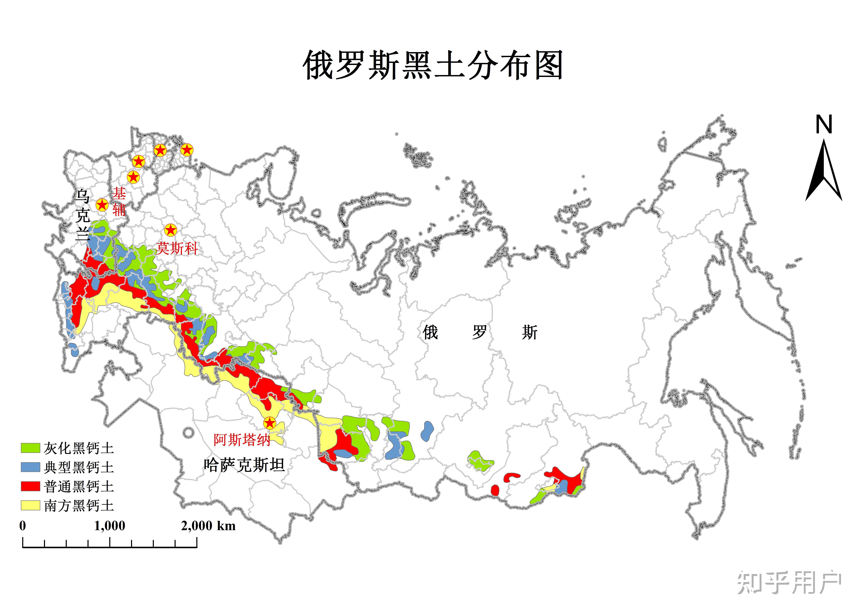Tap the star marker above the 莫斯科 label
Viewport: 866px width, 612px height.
[x=170, y=230]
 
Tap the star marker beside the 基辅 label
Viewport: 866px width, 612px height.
[x=102, y=205]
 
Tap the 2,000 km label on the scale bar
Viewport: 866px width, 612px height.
[x=208, y=526]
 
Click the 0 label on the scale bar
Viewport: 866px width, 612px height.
[x=23, y=526]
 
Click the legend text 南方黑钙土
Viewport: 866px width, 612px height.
[x=79, y=506]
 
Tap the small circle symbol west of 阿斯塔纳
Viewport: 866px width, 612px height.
[x=188, y=432]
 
